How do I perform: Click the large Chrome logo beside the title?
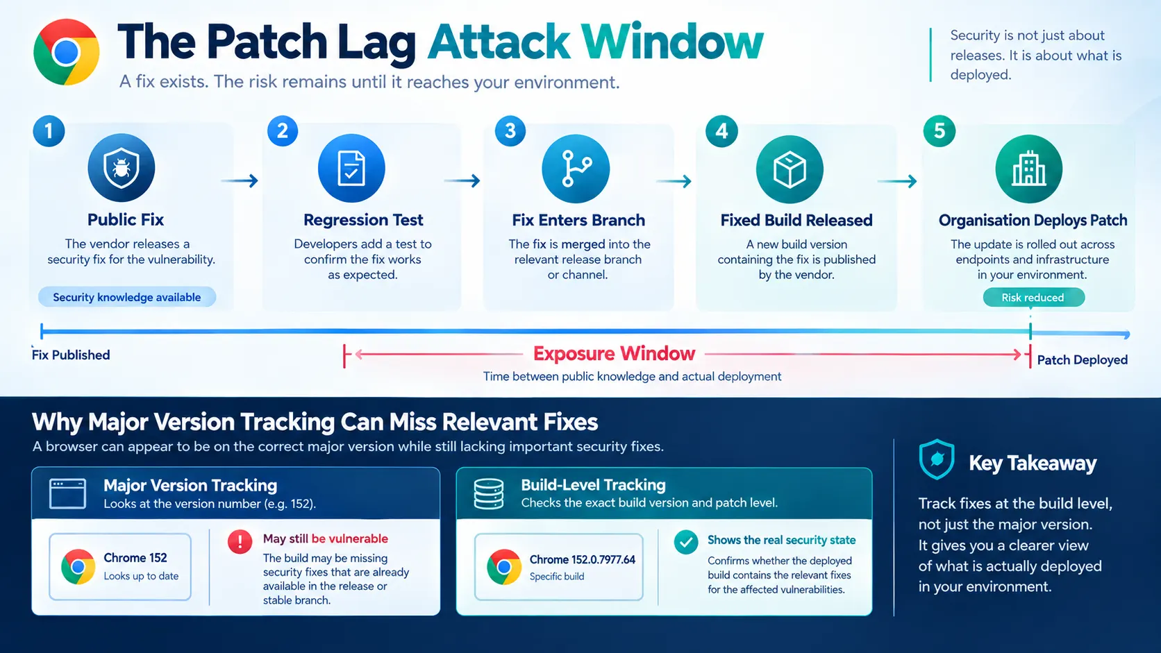67,52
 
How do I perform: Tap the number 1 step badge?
49,131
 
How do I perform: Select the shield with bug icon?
122,167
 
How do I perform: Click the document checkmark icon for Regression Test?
351,169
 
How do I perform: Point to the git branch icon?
576,169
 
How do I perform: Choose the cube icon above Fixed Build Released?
790,169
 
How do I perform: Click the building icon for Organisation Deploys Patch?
1029,169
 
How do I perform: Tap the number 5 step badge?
939,131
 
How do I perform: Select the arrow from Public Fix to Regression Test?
240,180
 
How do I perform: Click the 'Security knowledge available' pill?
127,297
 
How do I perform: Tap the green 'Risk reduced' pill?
1033,297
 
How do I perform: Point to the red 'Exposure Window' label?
614,354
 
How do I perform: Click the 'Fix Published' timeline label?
71,355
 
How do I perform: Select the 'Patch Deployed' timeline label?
1083,360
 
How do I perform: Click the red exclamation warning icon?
240,542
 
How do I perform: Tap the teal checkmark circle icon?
686,542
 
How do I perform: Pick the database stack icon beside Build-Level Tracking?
489,493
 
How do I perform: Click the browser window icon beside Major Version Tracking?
68,493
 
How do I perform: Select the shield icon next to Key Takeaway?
937,459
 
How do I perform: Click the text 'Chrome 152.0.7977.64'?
582,560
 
